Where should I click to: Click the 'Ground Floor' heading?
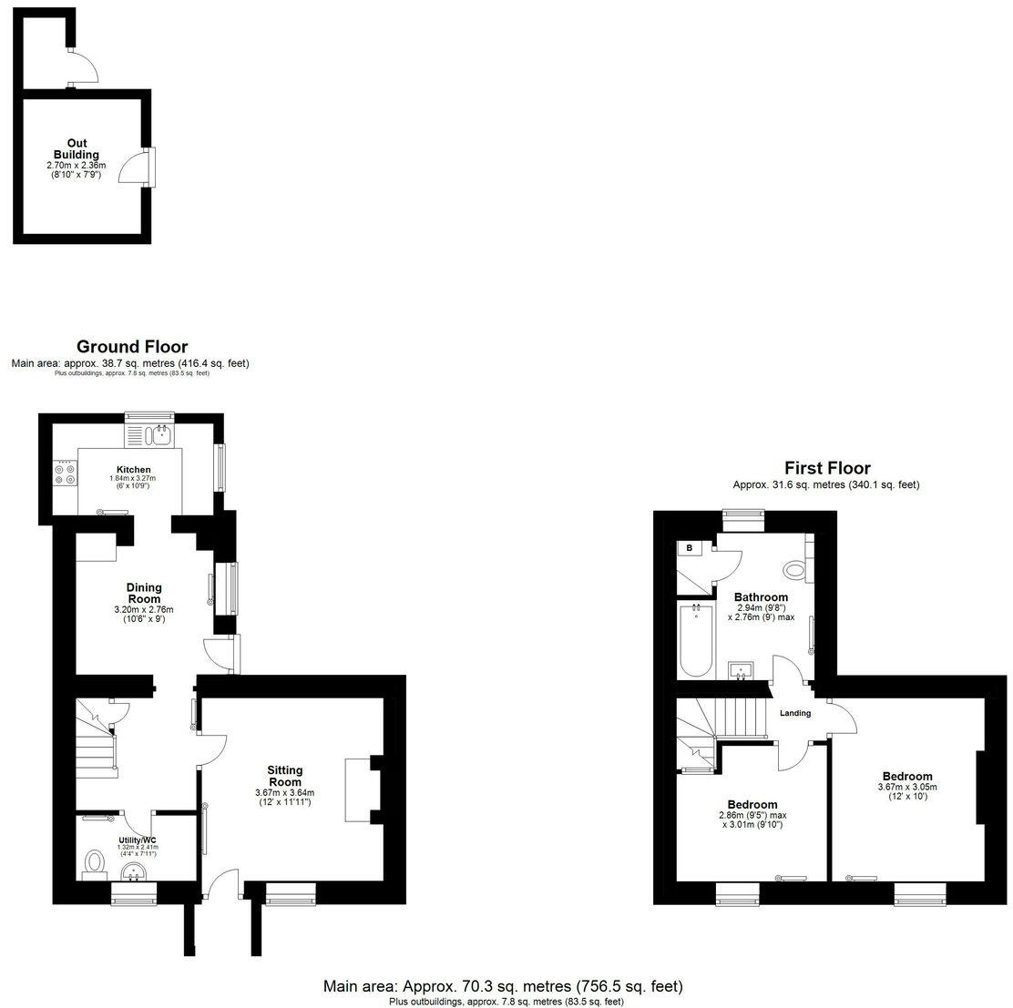click(132, 347)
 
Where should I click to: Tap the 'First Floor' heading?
click(827, 469)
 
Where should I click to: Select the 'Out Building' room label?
click(77, 149)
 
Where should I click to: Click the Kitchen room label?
click(133, 470)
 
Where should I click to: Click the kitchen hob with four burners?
click(65, 474)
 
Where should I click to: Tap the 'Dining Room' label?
click(144, 593)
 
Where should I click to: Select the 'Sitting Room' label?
click(284, 776)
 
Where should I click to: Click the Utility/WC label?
click(137, 840)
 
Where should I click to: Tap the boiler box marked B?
click(690, 548)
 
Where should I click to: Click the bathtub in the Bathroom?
click(696, 640)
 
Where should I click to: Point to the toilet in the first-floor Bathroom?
click(795, 570)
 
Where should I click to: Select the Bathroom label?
click(761, 597)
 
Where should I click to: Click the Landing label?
click(795, 713)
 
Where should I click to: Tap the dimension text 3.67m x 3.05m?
click(906, 788)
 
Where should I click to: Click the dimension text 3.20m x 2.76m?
click(143, 610)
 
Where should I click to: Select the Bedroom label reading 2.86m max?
click(752, 805)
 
